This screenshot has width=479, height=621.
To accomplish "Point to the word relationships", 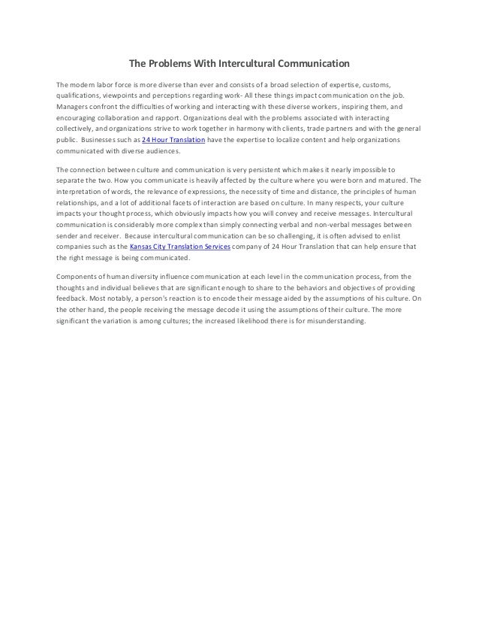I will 79,202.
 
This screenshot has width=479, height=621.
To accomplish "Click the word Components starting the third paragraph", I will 81,276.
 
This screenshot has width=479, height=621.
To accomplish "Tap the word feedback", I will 74,298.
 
